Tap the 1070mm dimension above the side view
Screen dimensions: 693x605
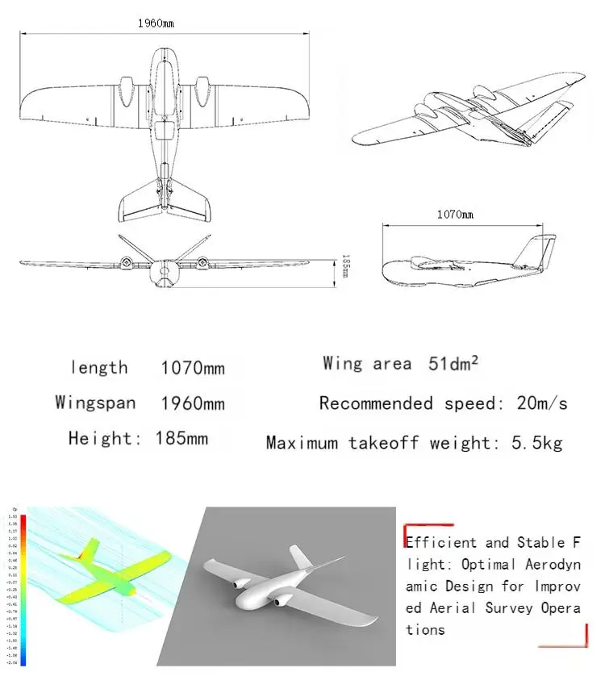(x=455, y=214)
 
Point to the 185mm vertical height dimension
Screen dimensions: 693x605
(x=344, y=265)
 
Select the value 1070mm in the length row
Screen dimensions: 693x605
(x=193, y=369)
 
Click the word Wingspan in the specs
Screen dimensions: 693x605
(x=95, y=403)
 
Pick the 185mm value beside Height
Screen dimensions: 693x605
(x=181, y=439)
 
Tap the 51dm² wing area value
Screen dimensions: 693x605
(x=453, y=364)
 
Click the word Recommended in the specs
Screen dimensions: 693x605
(x=378, y=403)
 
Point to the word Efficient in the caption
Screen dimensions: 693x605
(x=441, y=543)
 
